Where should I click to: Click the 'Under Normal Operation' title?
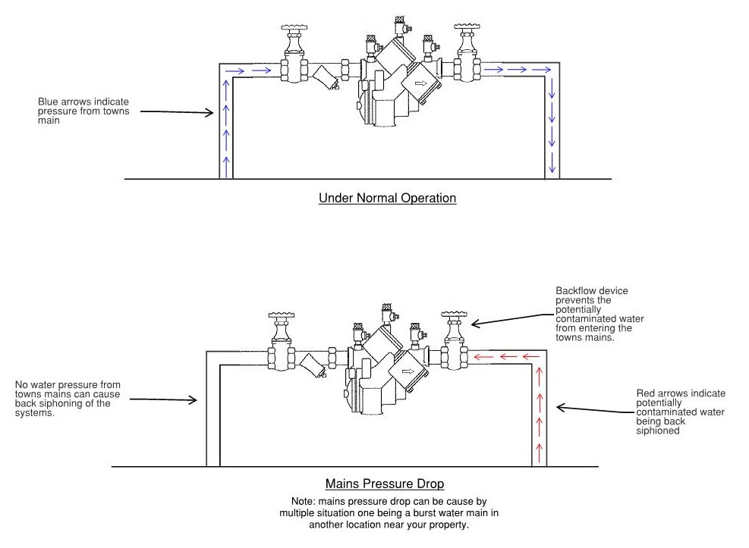[387, 199]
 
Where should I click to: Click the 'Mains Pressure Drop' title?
[385, 484]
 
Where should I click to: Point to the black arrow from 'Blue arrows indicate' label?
[178, 112]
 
